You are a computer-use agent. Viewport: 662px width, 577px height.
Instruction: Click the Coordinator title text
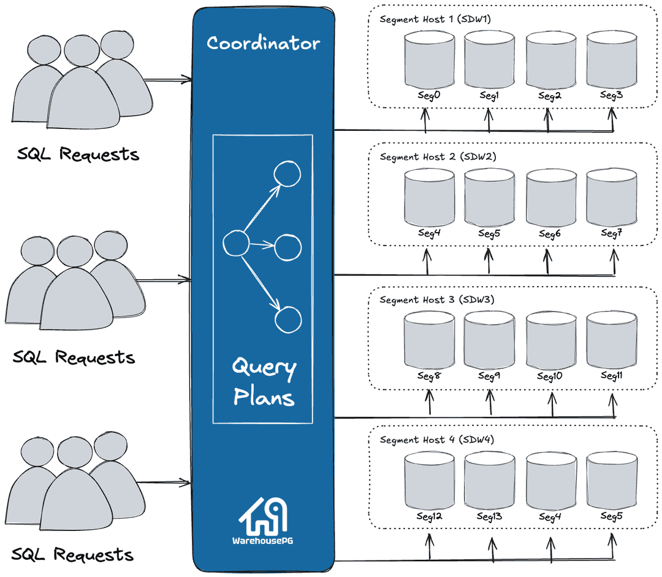pyautogui.click(x=263, y=44)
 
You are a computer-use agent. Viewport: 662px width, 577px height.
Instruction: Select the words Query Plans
pyautogui.click(x=264, y=382)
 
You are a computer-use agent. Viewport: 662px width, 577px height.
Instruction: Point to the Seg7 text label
pyautogui.click(x=611, y=233)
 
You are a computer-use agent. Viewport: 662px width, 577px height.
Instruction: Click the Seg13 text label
pyautogui.click(x=489, y=516)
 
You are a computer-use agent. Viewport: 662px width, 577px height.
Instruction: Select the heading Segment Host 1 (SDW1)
pyautogui.click(x=435, y=19)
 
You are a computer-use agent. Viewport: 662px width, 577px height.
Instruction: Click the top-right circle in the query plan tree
pyautogui.click(x=287, y=174)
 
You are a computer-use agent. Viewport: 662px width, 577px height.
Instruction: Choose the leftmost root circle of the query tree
pyautogui.click(x=235, y=244)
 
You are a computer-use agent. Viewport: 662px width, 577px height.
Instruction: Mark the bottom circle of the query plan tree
pyautogui.click(x=288, y=319)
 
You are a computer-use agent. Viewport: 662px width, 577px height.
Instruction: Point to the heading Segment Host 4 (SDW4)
pyautogui.click(x=436, y=440)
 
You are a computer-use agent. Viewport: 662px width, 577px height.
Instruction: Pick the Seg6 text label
pyautogui.click(x=550, y=234)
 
